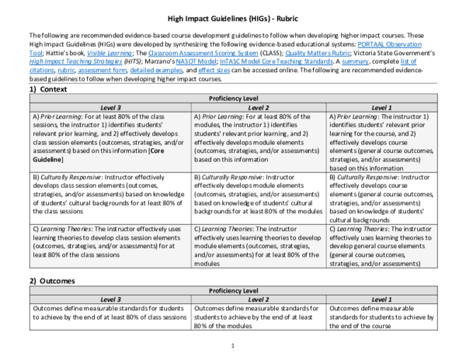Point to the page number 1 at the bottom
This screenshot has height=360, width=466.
[x=233, y=345]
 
